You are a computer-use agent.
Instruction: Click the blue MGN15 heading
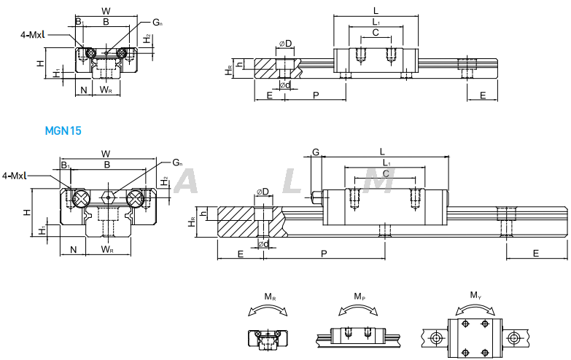coord(63,131)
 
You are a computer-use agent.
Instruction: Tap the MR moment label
coord(269,297)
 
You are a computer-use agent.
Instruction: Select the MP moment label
coord(360,297)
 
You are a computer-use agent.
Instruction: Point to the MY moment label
coord(475,295)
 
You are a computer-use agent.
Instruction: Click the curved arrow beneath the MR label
coord(268,310)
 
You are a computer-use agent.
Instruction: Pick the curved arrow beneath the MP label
coord(360,309)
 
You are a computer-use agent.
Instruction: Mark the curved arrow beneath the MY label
coord(475,308)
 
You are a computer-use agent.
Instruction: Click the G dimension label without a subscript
coord(316,152)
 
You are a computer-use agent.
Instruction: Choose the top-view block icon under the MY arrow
coord(475,337)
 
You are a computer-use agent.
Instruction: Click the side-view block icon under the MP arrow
coord(359,337)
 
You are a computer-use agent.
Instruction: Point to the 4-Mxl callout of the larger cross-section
coord(16,176)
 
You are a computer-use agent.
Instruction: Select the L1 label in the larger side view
coord(386,163)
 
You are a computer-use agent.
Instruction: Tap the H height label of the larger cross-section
coord(26,212)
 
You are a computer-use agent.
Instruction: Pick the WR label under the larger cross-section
coord(107,250)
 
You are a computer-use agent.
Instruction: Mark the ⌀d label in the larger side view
coord(264,243)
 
